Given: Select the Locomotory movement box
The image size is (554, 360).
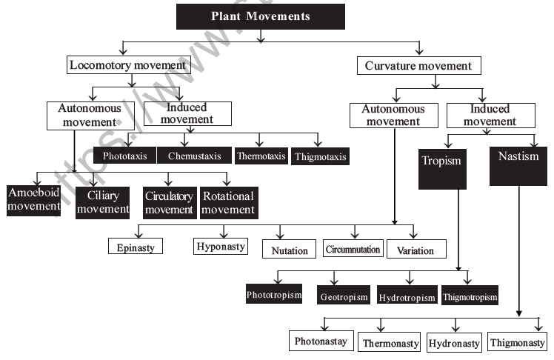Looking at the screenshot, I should tap(126, 65).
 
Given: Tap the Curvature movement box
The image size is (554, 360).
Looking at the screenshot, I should tap(418, 65).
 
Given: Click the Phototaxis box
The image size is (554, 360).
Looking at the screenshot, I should tap(124, 156).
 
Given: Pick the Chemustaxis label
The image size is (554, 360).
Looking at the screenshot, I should tap(194, 156).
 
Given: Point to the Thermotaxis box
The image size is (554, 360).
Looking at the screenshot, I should tap(260, 156).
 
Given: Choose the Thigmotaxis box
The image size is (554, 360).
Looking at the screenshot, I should tap(319, 156).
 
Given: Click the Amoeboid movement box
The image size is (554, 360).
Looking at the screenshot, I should tap(33, 200).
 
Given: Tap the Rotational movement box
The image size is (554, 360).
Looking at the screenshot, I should tap(227, 202).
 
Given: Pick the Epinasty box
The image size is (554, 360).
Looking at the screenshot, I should tap(135, 247).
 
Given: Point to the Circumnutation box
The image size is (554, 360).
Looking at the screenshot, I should tap(353, 250).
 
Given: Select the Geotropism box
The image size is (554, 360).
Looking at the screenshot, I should tap(344, 296).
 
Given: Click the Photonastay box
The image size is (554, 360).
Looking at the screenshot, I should tap(321, 341).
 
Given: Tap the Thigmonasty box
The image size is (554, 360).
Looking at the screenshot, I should tap(516, 342).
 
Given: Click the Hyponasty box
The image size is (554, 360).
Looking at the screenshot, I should tap(221, 245).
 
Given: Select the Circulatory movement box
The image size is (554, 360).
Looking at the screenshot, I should tap(169, 202).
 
